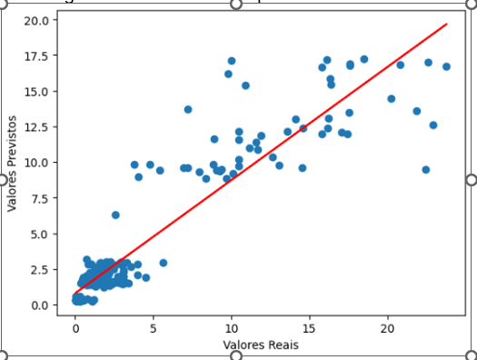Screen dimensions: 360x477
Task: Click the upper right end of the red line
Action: point(447,25)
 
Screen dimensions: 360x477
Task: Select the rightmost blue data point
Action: point(446,66)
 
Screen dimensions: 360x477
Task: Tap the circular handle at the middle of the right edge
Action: point(471,178)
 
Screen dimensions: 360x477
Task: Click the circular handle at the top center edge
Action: point(236,5)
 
